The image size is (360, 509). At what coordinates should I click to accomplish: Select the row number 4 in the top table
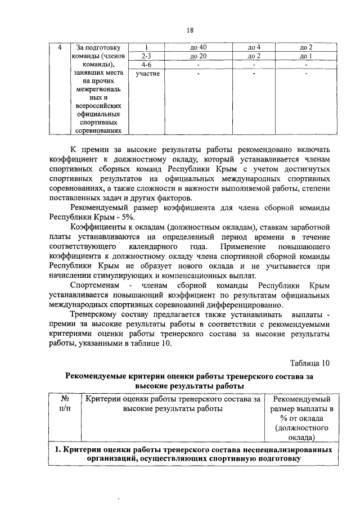click(60, 47)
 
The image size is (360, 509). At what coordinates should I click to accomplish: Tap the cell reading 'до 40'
click(199, 47)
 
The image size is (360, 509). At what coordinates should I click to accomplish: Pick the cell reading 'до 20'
click(199, 56)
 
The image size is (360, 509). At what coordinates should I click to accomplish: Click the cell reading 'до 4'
click(254, 47)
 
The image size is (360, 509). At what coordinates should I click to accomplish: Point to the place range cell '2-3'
click(147, 56)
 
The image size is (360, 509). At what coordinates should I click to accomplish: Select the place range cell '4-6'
click(147, 65)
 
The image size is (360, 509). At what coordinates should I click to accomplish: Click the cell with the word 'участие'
click(147, 74)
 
